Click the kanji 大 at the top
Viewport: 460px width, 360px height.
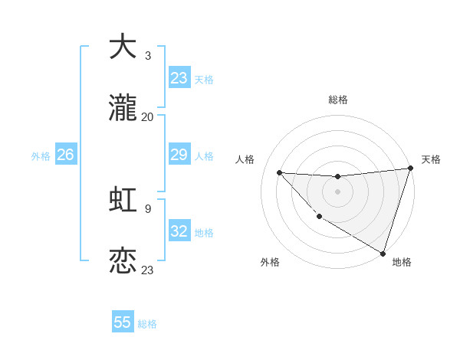point(123,47)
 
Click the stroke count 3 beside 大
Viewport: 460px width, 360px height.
point(148,55)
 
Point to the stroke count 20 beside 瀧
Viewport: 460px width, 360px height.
point(148,117)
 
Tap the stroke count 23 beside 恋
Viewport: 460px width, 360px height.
point(148,270)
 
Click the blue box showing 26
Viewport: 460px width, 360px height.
point(65,155)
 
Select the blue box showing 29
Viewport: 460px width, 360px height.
point(179,155)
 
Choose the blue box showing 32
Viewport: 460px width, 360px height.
point(179,231)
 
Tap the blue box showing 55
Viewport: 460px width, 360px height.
point(123,322)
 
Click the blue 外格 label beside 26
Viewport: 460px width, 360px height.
point(41,156)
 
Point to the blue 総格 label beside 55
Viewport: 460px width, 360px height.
point(148,324)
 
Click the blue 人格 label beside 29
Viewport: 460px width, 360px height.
point(204,156)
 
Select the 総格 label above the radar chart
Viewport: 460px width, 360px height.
point(338,100)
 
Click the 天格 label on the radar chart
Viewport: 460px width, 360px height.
point(432,159)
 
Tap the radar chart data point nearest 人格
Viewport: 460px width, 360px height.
point(279,172)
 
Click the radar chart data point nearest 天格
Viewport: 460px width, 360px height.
point(411,168)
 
